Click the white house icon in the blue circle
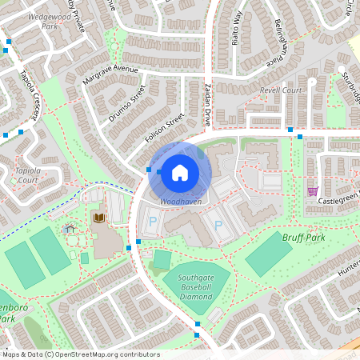(180, 171)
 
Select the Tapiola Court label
(26, 174)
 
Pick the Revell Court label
(280, 90)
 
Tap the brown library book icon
(99, 218)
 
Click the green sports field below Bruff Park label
(268, 255)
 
